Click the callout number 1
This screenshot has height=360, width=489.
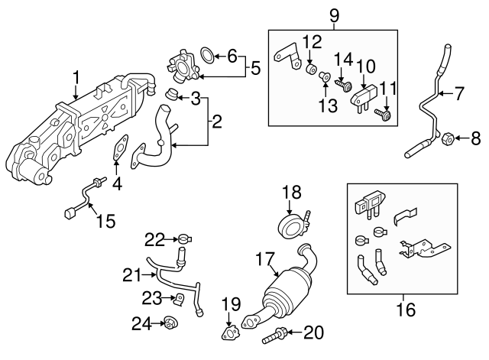click(76, 76)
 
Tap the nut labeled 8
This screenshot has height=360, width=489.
click(449, 139)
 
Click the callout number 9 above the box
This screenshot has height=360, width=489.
click(333, 15)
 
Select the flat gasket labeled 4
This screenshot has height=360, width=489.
click(118, 148)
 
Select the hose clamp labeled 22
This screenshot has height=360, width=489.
click(183, 239)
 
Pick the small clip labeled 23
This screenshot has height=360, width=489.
click(181, 297)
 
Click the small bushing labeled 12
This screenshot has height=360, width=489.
click(311, 71)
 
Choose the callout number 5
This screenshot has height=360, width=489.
click(255, 68)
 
